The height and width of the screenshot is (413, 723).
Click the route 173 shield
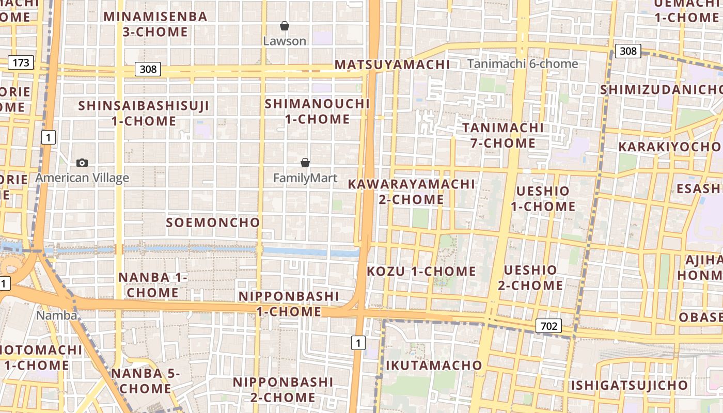click(x=21, y=63)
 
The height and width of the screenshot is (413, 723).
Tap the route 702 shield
click(x=548, y=326)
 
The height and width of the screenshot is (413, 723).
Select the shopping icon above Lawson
click(x=284, y=26)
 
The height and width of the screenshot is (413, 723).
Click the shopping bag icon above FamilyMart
click(x=305, y=163)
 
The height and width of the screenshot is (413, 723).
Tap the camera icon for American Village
click(x=82, y=163)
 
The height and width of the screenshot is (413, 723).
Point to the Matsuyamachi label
click(x=392, y=65)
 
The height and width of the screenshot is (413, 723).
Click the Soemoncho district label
click(x=213, y=223)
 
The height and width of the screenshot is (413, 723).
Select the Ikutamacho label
click(x=434, y=366)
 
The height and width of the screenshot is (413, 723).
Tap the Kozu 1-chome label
click(x=421, y=271)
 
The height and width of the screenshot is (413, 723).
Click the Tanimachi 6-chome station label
click(x=523, y=64)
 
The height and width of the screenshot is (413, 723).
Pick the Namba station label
click(x=57, y=315)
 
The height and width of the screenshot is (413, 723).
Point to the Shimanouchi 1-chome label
click(x=317, y=111)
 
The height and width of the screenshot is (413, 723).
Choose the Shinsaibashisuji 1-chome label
click(x=144, y=114)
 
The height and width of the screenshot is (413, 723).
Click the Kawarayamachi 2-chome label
click(x=411, y=192)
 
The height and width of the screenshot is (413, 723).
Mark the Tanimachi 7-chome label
click(x=503, y=135)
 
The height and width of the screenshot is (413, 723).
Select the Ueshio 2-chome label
click(x=530, y=277)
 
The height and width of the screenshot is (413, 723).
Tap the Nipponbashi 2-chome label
click(x=282, y=390)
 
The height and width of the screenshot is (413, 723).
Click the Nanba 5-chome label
click(x=145, y=380)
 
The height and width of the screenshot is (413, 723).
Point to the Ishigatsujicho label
click(x=629, y=385)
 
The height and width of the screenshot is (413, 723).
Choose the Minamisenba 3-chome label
click(x=155, y=24)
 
